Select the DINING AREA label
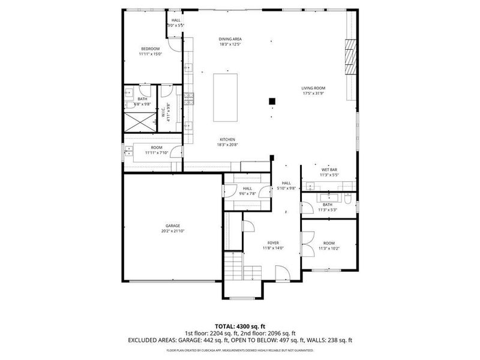click(230, 39)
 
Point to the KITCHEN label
click(227, 139)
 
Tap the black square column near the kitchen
click(272, 101)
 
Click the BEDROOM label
click(150, 49)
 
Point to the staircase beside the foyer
click(233, 266)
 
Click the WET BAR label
click(329, 170)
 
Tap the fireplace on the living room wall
click(350, 56)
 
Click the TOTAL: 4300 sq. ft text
click(240, 325)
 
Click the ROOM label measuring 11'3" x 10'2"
click(329, 243)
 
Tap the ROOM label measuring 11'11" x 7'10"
click(157, 148)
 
